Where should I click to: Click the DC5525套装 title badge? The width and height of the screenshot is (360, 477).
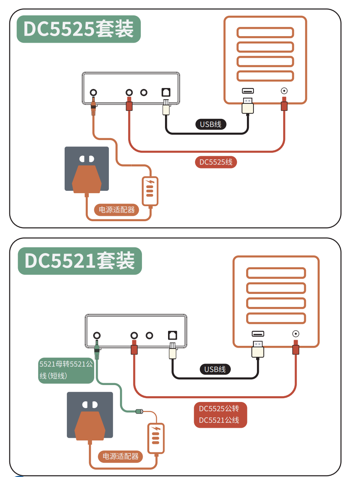78,29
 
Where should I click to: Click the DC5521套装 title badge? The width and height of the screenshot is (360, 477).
80,261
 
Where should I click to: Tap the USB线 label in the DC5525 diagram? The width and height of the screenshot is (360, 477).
210,124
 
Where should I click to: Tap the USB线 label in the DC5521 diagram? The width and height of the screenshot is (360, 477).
215,369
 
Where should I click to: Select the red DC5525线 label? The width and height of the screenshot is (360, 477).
216,162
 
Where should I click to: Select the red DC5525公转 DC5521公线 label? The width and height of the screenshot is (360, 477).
220,415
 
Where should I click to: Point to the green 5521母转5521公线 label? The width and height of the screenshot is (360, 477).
66,370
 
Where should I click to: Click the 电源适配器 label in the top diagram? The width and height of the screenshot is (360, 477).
117,210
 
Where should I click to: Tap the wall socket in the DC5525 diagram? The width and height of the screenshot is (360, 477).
87,168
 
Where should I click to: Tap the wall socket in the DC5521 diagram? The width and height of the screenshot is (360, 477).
90,415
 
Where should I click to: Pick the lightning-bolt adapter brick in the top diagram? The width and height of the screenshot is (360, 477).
150,191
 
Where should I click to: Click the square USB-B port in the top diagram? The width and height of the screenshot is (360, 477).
166,92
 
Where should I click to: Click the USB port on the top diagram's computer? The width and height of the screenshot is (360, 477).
248,91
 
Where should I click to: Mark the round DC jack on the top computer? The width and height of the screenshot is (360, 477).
284,91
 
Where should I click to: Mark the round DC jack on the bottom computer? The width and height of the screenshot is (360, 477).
296,334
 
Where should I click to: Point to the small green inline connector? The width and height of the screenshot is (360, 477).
139,412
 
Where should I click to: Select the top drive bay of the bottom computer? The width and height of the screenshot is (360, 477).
276,273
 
